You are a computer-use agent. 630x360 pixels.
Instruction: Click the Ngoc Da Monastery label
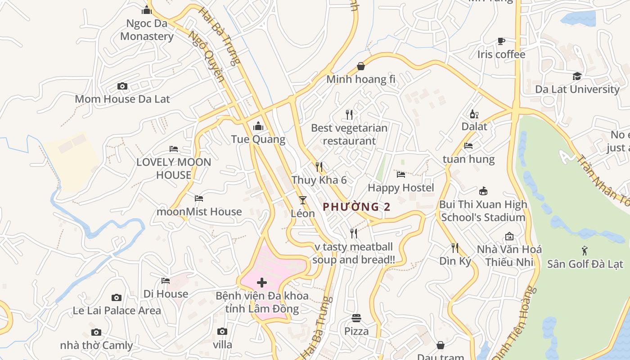(147, 30)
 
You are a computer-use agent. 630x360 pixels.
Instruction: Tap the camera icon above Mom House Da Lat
(122, 86)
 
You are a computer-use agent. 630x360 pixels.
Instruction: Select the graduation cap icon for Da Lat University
(577, 76)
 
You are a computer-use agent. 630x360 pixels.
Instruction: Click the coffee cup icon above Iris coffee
(501, 41)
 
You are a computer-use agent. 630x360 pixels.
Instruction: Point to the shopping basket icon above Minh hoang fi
(360, 67)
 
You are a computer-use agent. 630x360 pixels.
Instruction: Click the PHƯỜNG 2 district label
(356, 207)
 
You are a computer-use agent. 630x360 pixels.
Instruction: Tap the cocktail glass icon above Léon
(302, 200)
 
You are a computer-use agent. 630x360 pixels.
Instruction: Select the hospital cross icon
(261, 283)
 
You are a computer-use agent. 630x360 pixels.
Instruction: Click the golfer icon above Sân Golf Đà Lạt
(585, 251)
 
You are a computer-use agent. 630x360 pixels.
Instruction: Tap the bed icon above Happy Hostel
(400, 175)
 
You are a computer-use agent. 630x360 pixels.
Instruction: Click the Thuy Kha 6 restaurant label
(319, 180)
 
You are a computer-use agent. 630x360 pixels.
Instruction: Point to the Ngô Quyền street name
(207, 56)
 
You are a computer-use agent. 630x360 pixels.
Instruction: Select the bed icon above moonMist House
(199, 198)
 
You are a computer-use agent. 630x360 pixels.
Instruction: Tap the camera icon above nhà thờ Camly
(96, 333)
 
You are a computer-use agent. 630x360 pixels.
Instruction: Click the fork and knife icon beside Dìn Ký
(455, 247)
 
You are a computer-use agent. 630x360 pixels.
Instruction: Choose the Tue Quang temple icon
(258, 126)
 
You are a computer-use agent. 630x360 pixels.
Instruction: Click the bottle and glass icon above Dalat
(474, 114)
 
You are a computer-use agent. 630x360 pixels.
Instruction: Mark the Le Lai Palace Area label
(117, 310)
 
